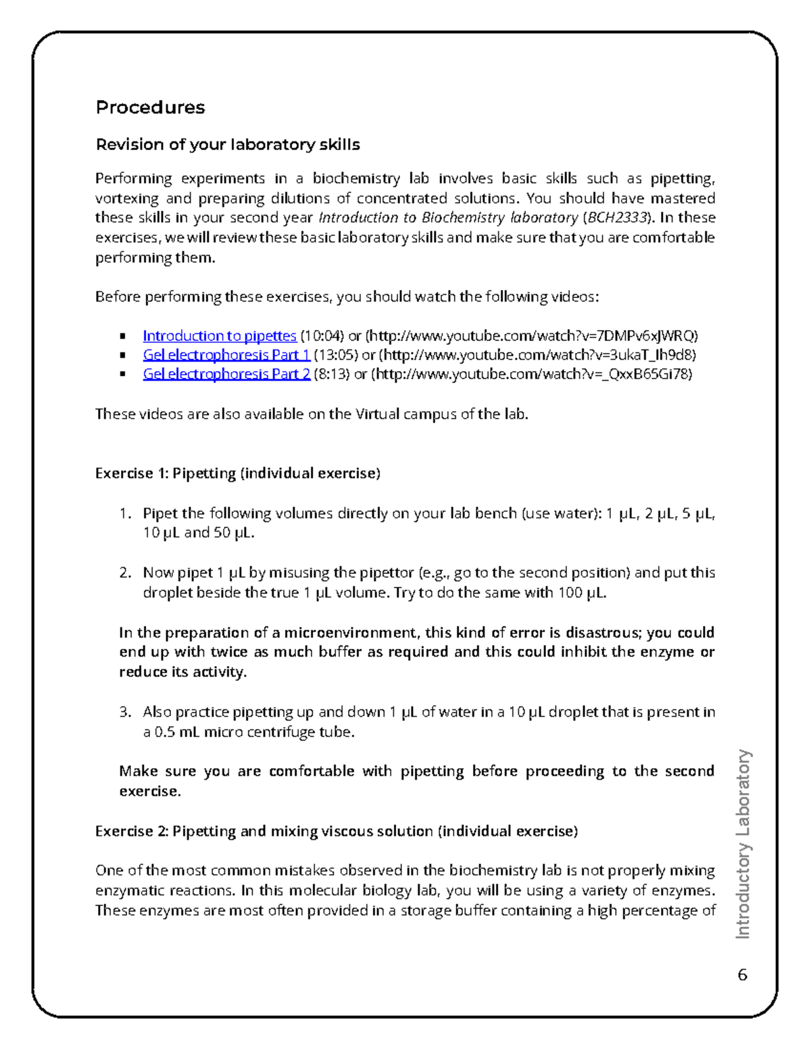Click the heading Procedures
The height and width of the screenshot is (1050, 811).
pyautogui.click(x=150, y=108)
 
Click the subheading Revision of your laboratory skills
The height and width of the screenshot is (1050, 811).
pyautogui.click(x=228, y=145)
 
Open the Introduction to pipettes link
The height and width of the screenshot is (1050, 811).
pyautogui.click(x=220, y=336)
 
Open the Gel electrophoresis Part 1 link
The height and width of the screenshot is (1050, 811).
pyautogui.click(x=226, y=355)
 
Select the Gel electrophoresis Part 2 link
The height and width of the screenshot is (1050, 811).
pyautogui.click(x=226, y=375)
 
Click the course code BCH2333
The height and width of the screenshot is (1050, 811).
pyautogui.click(x=617, y=218)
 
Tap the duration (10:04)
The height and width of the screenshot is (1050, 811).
pyautogui.click(x=322, y=336)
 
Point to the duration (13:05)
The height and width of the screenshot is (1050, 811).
pyautogui.click(x=336, y=355)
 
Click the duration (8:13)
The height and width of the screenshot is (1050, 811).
pyautogui.click(x=332, y=375)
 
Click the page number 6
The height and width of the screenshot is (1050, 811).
pyautogui.click(x=742, y=974)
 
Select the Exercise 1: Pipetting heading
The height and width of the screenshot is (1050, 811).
pyautogui.click(x=238, y=473)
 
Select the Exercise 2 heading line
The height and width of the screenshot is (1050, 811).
pyautogui.click(x=337, y=831)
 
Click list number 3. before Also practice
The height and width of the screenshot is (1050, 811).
pyautogui.click(x=124, y=712)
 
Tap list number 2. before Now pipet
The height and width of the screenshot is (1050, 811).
pyautogui.click(x=124, y=573)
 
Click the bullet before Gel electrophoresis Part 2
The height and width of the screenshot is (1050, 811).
pyautogui.click(x=122, y=375)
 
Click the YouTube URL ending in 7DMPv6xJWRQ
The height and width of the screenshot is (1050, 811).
pyautogui.click(x=532, y=336)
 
